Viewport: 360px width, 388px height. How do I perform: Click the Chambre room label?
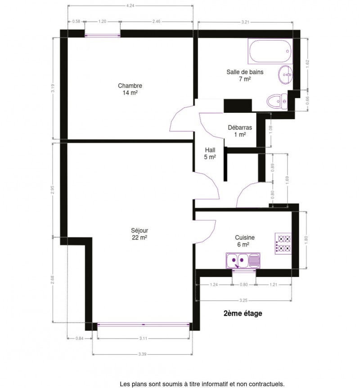pos(130,89)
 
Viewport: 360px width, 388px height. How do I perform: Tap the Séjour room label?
pos(139,234)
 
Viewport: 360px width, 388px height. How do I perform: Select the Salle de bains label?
pos(245,76)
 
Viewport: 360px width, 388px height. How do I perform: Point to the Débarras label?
pos(240,131)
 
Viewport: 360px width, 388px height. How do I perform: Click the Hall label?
pos(210,153)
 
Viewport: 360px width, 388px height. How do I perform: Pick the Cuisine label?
pos(245,241)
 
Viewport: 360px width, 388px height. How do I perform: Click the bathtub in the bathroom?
pos(270,51)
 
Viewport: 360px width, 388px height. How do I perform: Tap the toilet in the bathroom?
pos(277,102)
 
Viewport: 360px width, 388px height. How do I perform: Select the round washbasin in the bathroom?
pos(285,75)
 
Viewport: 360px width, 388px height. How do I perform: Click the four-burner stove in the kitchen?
pos(283,243)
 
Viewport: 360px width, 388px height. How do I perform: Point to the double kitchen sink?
pos(243,261)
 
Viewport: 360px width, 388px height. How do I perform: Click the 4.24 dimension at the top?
pos(130,6)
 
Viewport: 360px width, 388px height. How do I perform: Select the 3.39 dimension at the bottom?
pos(142,354)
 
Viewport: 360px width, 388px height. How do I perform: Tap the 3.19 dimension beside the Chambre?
pos(53,88)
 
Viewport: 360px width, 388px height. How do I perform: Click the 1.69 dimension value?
pos(288,181)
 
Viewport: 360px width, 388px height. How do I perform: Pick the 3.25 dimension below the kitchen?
pos(243,300)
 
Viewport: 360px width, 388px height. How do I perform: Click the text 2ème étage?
pos(243,313)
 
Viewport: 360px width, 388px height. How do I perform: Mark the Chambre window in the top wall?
pos(103,36)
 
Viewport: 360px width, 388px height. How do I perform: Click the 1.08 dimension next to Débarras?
pos(270,129)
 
